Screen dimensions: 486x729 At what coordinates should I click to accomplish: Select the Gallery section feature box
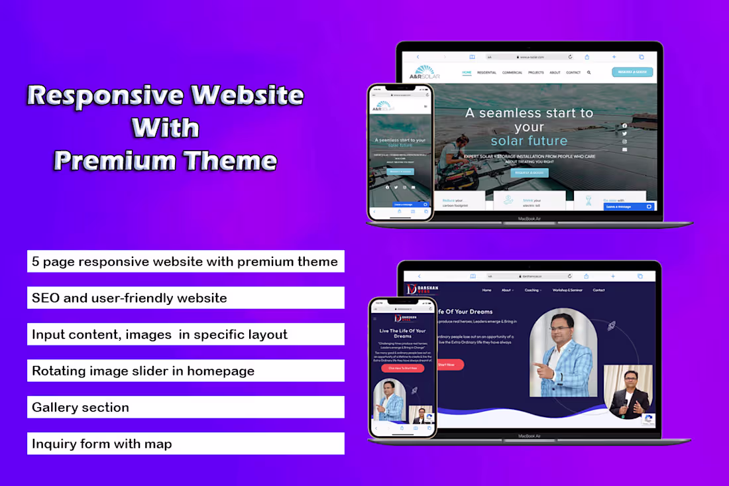click(x=186, y=407)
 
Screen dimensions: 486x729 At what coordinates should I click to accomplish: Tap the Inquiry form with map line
click(x=186, y=444)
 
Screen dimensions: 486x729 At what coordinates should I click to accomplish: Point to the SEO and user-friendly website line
click(x=186, y=298)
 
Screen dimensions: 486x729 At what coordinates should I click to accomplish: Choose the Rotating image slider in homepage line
click(x=186, y=371)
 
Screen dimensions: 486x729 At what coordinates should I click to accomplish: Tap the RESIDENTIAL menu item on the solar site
click(x=487, y=72)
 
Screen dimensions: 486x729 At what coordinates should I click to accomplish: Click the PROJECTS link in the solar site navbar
click(x=536, y=72)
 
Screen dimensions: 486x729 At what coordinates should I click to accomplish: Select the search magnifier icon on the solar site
click(x=589, y=72)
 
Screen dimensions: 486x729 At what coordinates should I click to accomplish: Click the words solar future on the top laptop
click(x=529, y=141)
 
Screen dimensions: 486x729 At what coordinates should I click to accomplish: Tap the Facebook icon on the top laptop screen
click(x=624, y=125)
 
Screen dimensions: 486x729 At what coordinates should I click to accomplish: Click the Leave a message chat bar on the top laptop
click(x=627, y=206)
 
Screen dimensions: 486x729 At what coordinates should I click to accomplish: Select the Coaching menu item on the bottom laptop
click(x=532, y=290)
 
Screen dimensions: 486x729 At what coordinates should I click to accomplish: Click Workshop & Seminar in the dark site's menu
click(x=567, y=290)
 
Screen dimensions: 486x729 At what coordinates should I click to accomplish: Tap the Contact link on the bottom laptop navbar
click(x=598, y=290)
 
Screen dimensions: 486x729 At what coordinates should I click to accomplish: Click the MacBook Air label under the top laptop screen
click(x=529, y=217)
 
